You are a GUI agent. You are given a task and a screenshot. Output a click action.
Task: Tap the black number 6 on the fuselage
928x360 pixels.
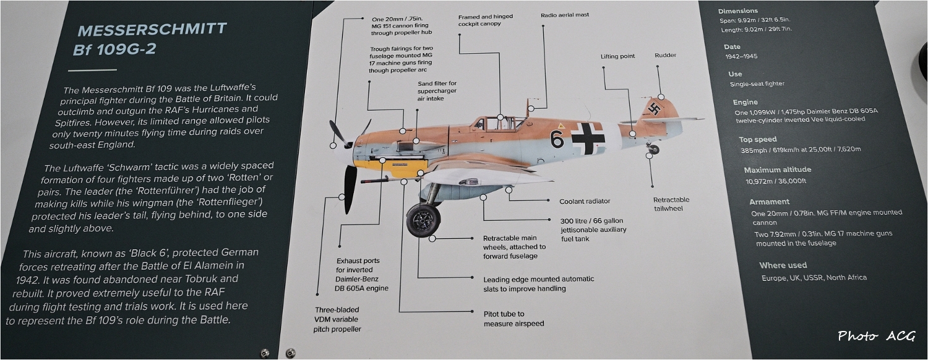point(557,140)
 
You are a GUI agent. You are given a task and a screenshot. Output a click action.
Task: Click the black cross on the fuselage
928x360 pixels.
point(587,138)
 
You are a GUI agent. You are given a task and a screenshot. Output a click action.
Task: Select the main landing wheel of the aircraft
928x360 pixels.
point(423,220)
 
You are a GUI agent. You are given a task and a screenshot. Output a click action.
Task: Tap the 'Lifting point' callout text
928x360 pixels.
point(617,56)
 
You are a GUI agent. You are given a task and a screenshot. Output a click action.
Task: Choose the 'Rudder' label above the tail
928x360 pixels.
point(665,56)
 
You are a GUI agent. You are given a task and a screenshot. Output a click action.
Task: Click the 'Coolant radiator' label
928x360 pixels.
point(585,201)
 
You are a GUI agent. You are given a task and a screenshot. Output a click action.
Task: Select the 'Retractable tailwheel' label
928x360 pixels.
point(671,204)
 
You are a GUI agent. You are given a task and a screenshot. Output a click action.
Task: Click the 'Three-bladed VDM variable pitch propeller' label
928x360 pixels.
point(337,319)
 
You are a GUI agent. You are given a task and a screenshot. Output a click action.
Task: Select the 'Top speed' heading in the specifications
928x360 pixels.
point(757,139)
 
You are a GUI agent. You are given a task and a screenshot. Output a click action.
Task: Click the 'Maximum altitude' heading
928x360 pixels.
point(777,169)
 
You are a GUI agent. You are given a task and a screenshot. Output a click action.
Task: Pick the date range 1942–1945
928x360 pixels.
point(741,56)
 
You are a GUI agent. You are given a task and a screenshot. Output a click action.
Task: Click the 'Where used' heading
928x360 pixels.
point(783,265)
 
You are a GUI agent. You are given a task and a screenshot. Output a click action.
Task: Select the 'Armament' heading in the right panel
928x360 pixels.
point(769,202)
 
